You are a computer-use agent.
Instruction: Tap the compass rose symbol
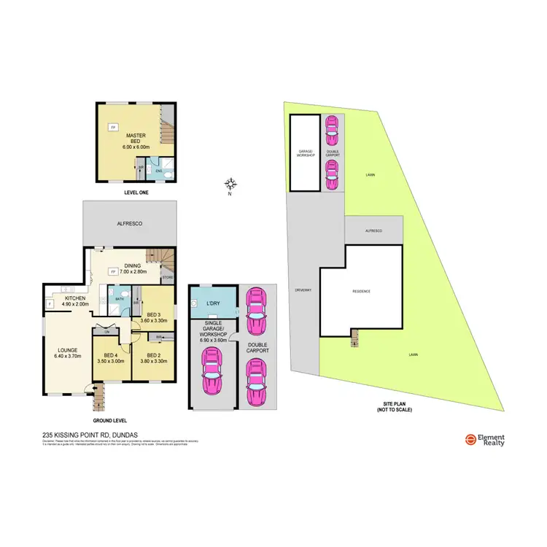pyautogui.click(x=230, y=184)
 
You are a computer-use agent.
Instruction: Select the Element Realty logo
pyautogui.click(x=486, y=440)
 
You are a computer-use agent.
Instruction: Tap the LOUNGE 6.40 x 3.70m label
pyautogui.click(x=66, y=353)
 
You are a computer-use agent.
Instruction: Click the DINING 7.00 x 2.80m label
pyautogui.click(x=133, y=268)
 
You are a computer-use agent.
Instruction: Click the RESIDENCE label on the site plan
pyautogui.click(x=362, y=291)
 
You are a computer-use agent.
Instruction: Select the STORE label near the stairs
pyautogui.click(x=166, y=278)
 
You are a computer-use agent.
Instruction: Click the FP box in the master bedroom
pyautogui.click(x=113, y=128)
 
